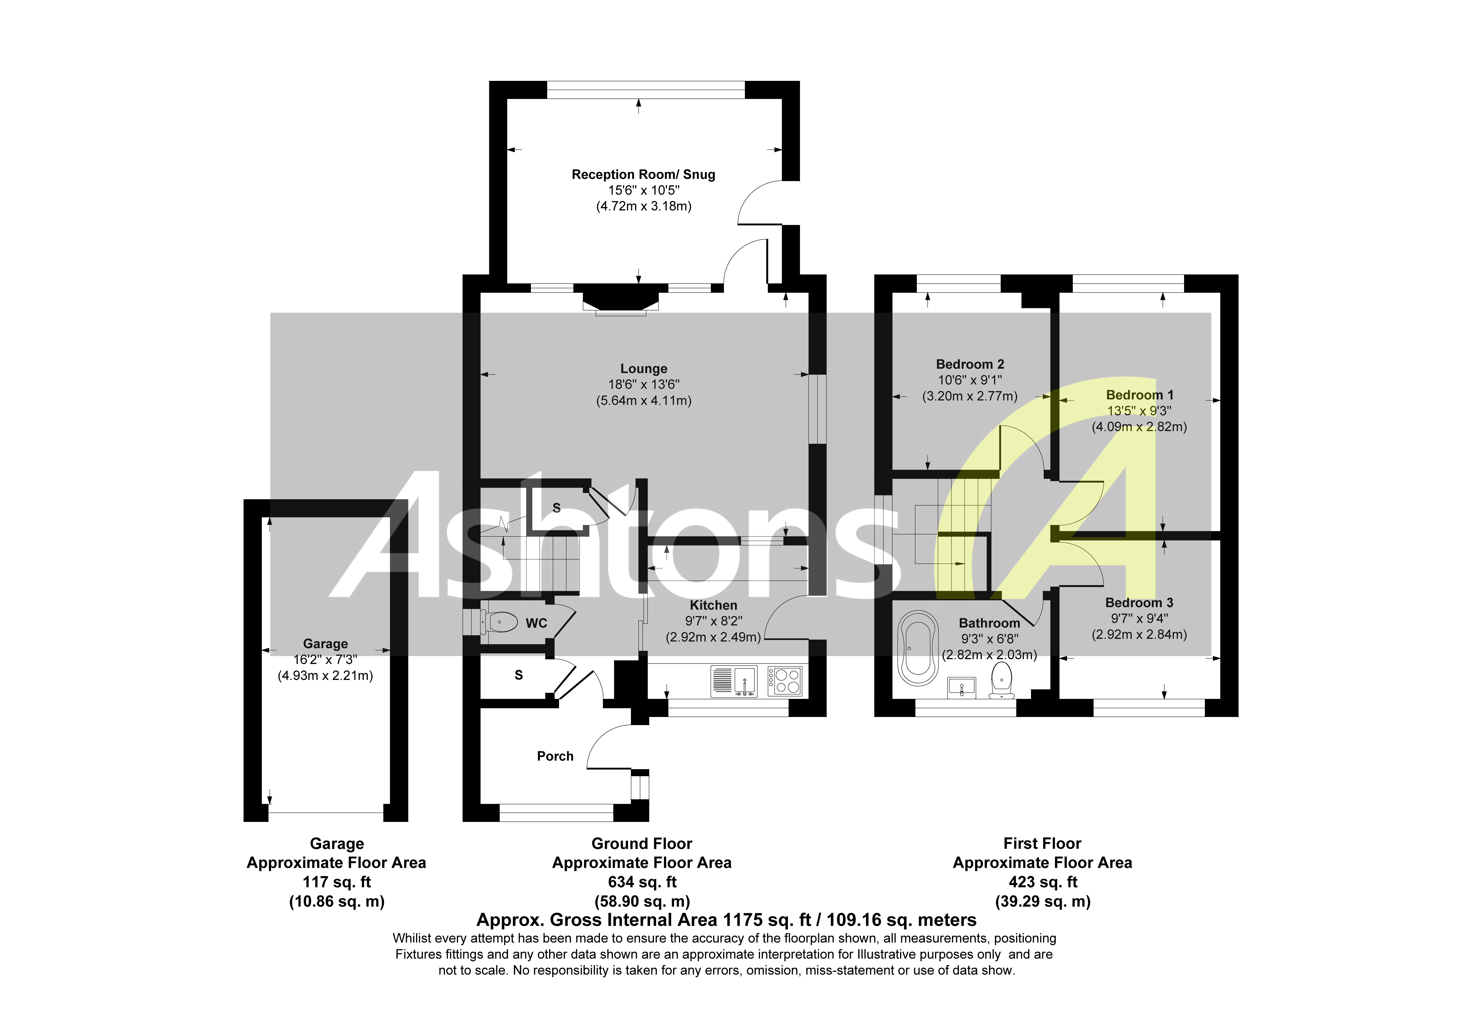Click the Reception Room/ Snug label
click(x=643, y=174)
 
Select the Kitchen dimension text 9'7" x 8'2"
click(x=713, y=621)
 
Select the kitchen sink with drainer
click(x=734, y=681)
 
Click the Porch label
click(x=555, y=756)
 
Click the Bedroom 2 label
click(x=970, y=364)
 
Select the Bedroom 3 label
click(x=1139, y=603)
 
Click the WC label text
click(x=536, y=624)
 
